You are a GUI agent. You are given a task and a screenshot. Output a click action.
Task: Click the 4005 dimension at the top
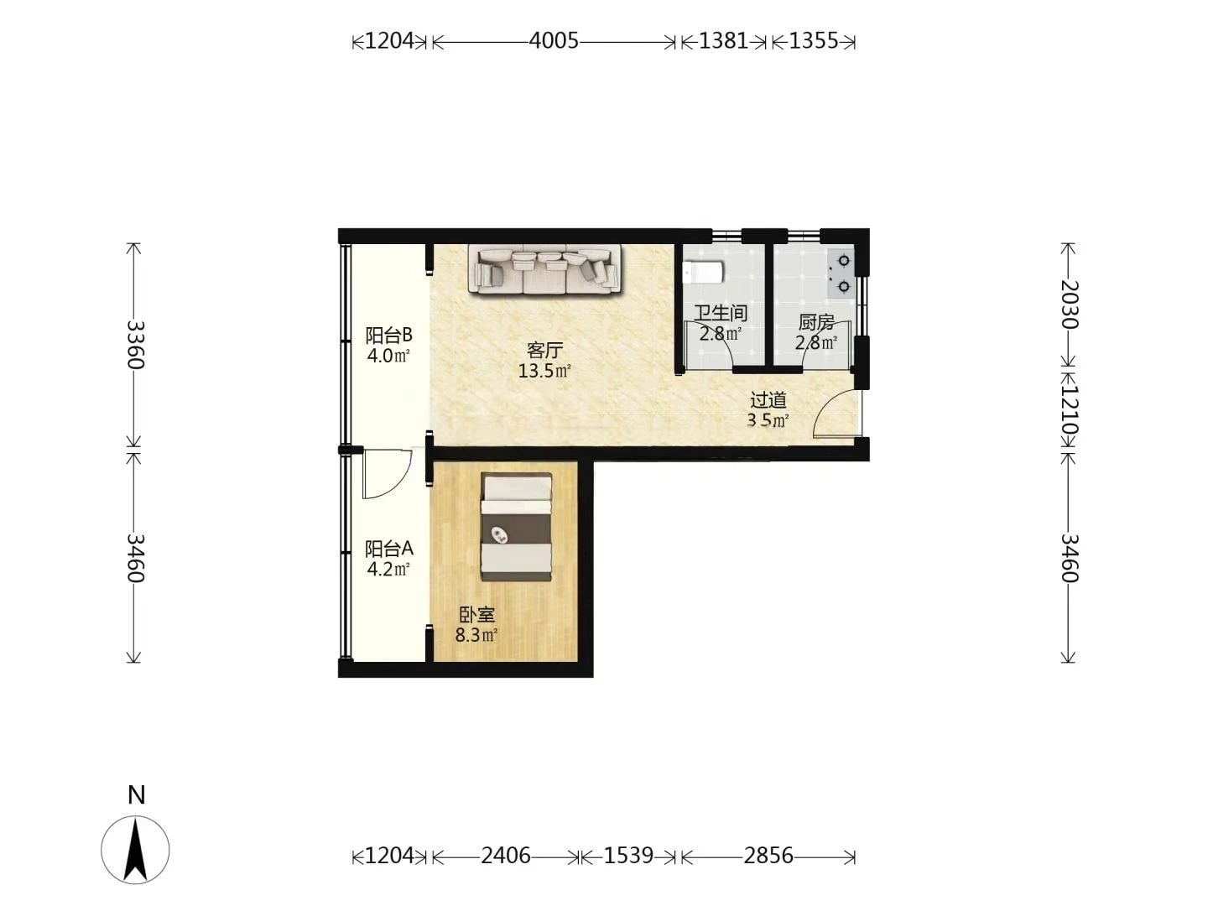point(554,41)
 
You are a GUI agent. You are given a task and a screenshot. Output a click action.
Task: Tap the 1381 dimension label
point(723,41)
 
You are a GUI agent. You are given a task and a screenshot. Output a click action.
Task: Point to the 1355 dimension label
point(814,41)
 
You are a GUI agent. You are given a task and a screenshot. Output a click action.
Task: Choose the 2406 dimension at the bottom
point(505,856)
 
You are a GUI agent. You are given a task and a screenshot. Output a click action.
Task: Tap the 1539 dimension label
point(628,856)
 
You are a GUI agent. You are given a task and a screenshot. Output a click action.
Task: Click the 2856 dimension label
point(768,856)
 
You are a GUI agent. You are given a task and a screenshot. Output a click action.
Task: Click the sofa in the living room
point(544,269)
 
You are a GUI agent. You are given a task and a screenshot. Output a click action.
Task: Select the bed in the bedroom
point(517,527)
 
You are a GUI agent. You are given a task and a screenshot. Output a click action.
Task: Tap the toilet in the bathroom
point(703,272)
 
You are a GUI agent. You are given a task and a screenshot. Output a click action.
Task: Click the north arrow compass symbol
point(135,850)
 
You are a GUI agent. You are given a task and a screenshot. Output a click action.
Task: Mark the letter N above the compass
point(137,795)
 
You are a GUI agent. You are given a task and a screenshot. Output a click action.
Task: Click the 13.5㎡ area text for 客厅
point(544,371)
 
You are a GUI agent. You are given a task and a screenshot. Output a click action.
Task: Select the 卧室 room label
point(476,614)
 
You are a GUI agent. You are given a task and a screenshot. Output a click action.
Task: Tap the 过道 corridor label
point(768,400)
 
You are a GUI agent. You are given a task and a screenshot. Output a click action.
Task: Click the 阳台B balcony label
point(388,335)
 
